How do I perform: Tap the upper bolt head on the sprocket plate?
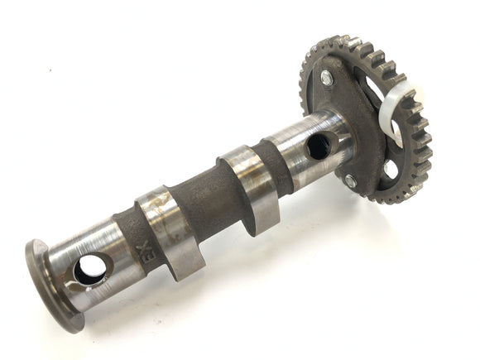pos(325,78)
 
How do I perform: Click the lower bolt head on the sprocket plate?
pos(351,182)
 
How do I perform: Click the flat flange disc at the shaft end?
pos(50,283)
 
